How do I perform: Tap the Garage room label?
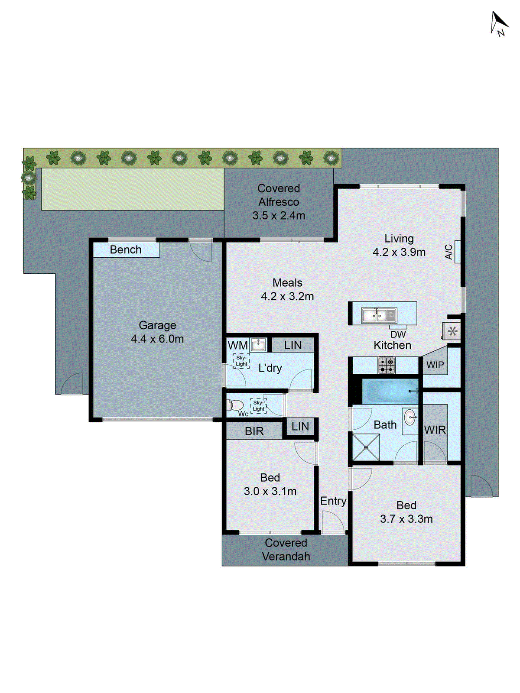tap(157, 325)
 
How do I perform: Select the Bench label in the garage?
tap(126, 250)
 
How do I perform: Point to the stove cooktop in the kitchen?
tap(386, 365)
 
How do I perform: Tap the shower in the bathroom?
tap(366, 447)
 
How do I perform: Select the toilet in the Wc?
tap(235, 405)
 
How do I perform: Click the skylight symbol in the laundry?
tap(241, 361)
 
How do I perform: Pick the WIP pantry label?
tap(435, 365)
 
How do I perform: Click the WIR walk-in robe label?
tap(435, 430)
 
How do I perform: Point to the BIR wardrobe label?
tap(254, 431)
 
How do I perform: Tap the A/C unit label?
tap(449, 252)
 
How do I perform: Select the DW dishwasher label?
tap(398, 334)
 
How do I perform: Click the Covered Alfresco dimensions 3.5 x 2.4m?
tap(279, 215)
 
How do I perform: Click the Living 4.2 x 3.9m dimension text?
tap(399, 252)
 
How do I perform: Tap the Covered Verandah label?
tap(286, 550)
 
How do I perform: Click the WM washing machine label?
tap(237, 345)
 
